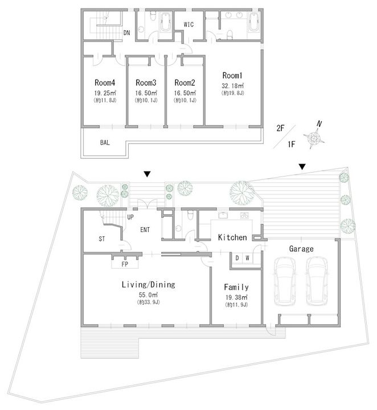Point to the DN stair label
(128, 34)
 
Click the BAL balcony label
(105, 142)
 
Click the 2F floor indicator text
(281, 129)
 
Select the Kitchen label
(232, 237)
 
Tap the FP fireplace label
(125, 264)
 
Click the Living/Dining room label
(148, 284)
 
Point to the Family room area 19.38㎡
(236, 297)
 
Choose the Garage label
(301, 249)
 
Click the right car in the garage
(317, 280)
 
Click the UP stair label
(130, 218)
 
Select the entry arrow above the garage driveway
(302, 166)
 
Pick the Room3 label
(146, 81)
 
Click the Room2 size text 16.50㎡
(185, 92)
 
